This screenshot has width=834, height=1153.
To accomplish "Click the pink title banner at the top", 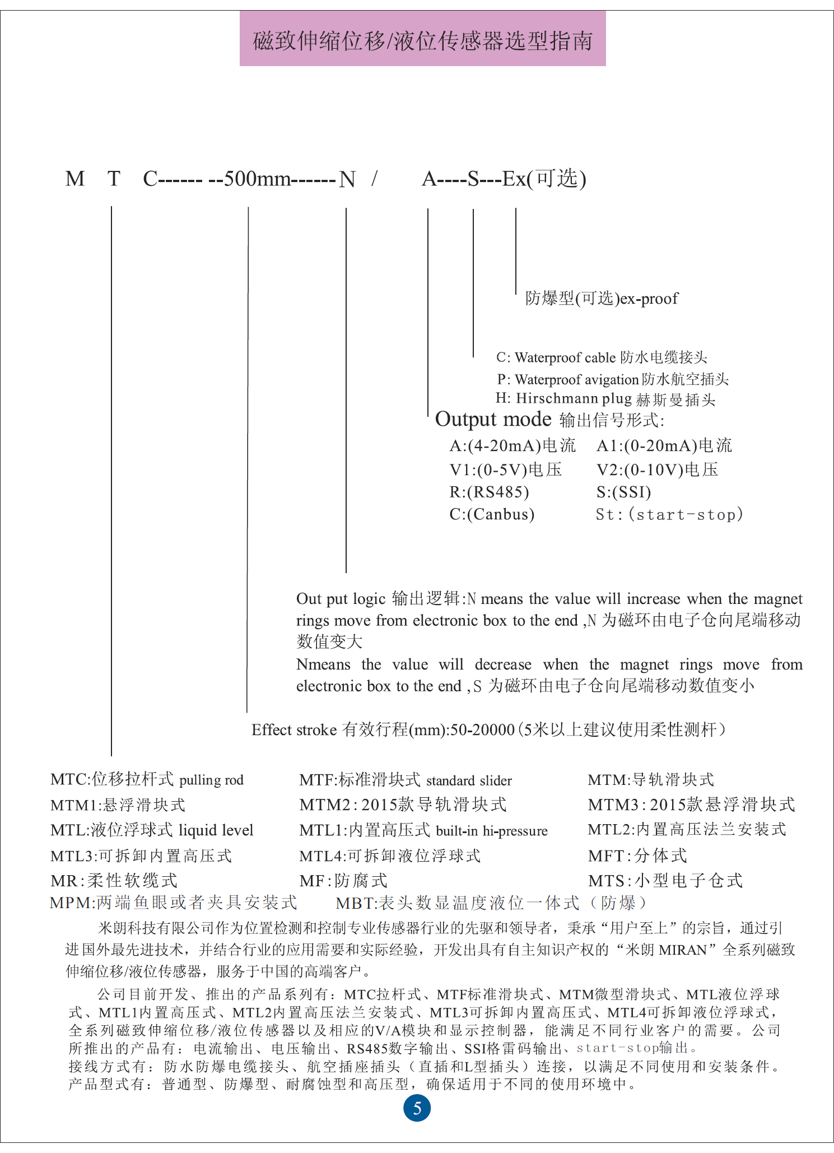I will [x=422, y=40].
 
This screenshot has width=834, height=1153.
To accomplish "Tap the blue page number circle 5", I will [x=417, y=1108].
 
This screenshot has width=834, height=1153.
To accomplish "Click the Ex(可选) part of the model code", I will [x=544, y=179].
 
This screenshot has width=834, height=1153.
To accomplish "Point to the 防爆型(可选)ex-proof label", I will [x=602, y=299].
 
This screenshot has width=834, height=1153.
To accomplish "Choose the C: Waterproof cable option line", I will [x=602, y=357].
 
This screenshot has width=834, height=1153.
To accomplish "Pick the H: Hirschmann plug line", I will [x=605, y=399].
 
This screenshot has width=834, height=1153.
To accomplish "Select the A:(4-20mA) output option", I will [x=512, y=446].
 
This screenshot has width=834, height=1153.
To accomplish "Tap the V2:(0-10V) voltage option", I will [x=657, y=469].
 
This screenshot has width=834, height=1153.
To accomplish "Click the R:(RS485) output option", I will [x=489, y=492].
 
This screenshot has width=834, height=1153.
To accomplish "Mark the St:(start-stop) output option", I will [x=669, y=514].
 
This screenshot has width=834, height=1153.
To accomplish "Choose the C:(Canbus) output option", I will [x=492, y=514].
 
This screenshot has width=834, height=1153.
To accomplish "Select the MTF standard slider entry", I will [x=406, y=780].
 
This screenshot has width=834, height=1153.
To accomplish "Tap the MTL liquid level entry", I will [x=152, y=830].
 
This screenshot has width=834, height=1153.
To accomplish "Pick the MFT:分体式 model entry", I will [x=637, y=856].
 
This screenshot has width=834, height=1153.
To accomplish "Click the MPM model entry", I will [x=173, y=903].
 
